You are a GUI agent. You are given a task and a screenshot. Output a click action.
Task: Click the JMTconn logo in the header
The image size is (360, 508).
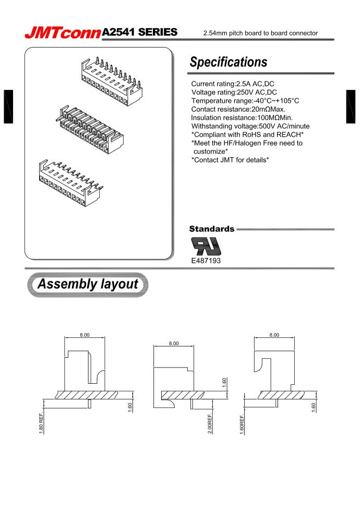point(63,33)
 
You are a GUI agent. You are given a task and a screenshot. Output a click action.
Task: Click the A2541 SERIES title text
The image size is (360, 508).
point(140,32)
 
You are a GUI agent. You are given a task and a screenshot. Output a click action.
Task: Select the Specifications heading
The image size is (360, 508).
point(229,62)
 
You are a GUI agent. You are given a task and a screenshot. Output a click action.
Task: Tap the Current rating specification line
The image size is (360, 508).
point(233,84)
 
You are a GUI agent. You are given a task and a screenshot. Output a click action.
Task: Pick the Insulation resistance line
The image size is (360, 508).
point(242,117)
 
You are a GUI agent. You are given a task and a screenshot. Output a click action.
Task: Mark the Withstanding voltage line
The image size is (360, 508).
point(250,126)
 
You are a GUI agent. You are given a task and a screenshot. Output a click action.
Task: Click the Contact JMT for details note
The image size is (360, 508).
point(230,159)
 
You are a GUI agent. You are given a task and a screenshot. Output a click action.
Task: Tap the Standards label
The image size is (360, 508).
point(211,229)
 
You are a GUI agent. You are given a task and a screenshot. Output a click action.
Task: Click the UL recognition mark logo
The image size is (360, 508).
point(206,245)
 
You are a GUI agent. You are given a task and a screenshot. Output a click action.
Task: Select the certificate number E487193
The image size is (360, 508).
point(206,259)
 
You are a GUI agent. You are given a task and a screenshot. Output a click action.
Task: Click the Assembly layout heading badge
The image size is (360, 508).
point(87,285)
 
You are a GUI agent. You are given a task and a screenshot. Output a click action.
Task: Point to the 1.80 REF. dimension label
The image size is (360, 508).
point(41,425)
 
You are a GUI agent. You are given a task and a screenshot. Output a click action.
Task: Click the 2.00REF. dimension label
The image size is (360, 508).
point(211,426)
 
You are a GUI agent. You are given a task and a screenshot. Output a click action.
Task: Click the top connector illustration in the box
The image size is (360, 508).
point(112,76)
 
